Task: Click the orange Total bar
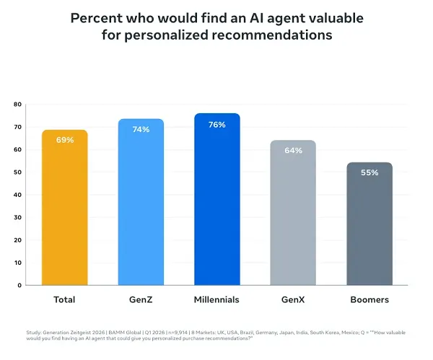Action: pos(64,209)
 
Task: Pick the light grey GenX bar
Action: pos(293,216)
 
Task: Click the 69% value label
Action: pos(65,140)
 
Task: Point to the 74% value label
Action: pos(141,129)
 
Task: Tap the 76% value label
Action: pos(216,125)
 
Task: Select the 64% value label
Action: pos(293,151)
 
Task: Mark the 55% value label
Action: pos(369,172)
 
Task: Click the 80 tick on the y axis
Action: pos(17,105)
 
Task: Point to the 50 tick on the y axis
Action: pos(17,172)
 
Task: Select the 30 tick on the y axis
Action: pos(17,217)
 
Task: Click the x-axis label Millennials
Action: pos(216,299)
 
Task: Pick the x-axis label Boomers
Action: pos(369,299)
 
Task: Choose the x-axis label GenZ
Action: pos(141,299)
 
